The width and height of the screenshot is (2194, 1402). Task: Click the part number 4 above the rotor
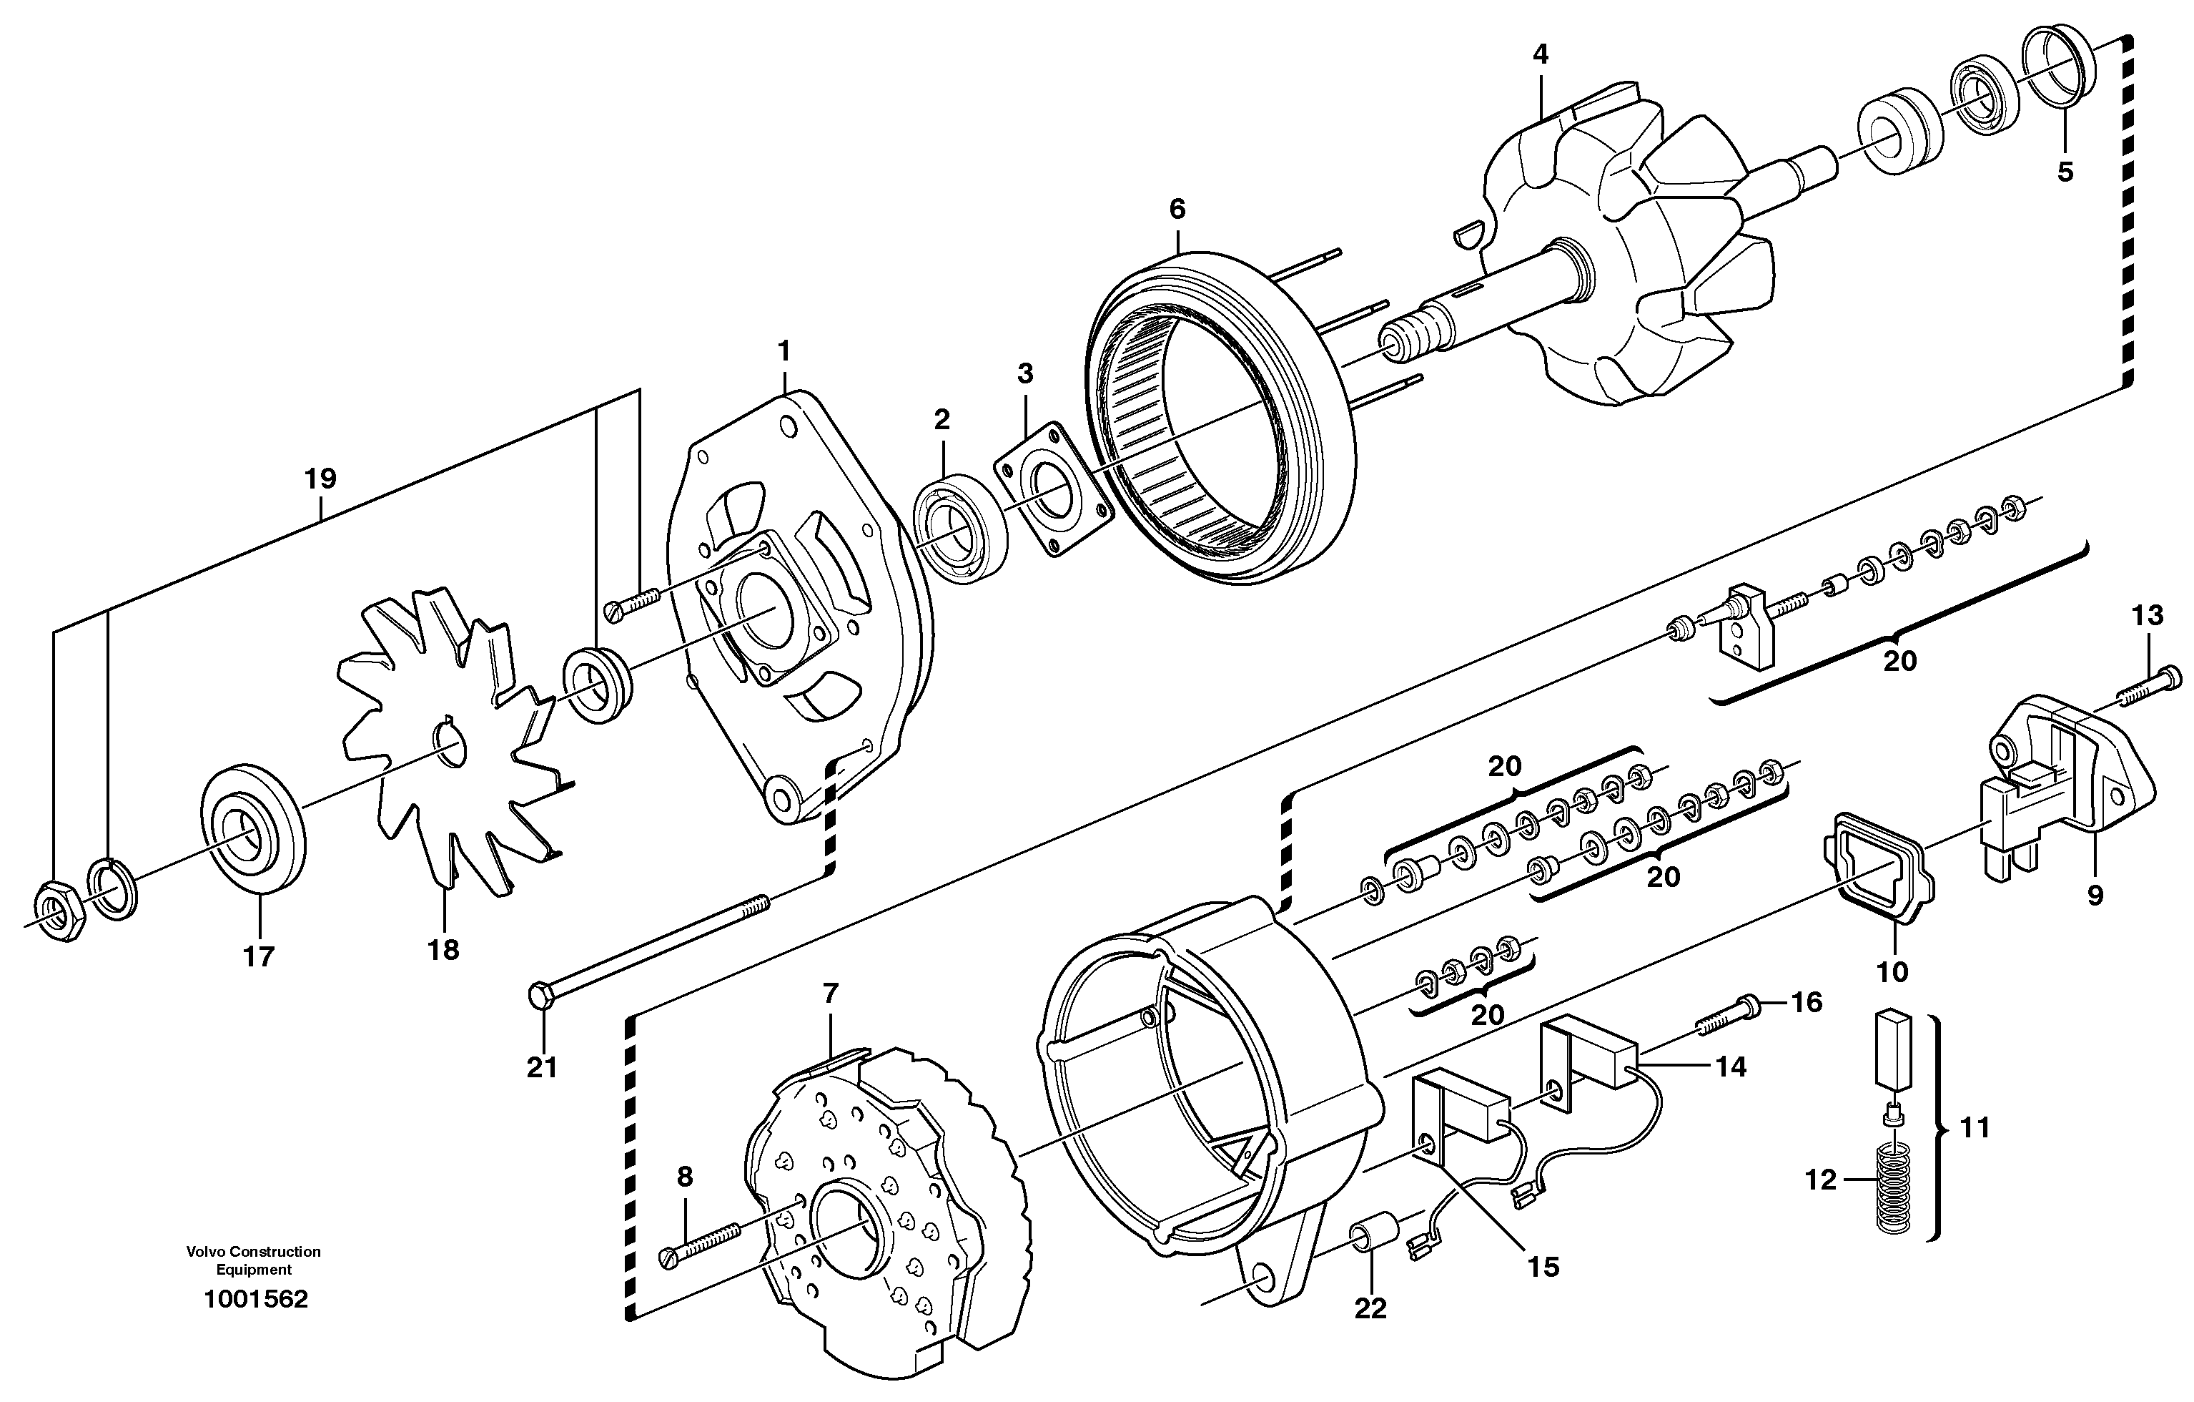(x=1540, y=54)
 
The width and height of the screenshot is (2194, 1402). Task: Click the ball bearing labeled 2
(x=959, y=529)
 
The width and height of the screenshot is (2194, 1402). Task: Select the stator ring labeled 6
(x=1221, y=419)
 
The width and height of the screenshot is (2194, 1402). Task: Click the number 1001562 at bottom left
(x=255, y=1299)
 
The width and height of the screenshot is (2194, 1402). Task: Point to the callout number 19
(x=321, y=479)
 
